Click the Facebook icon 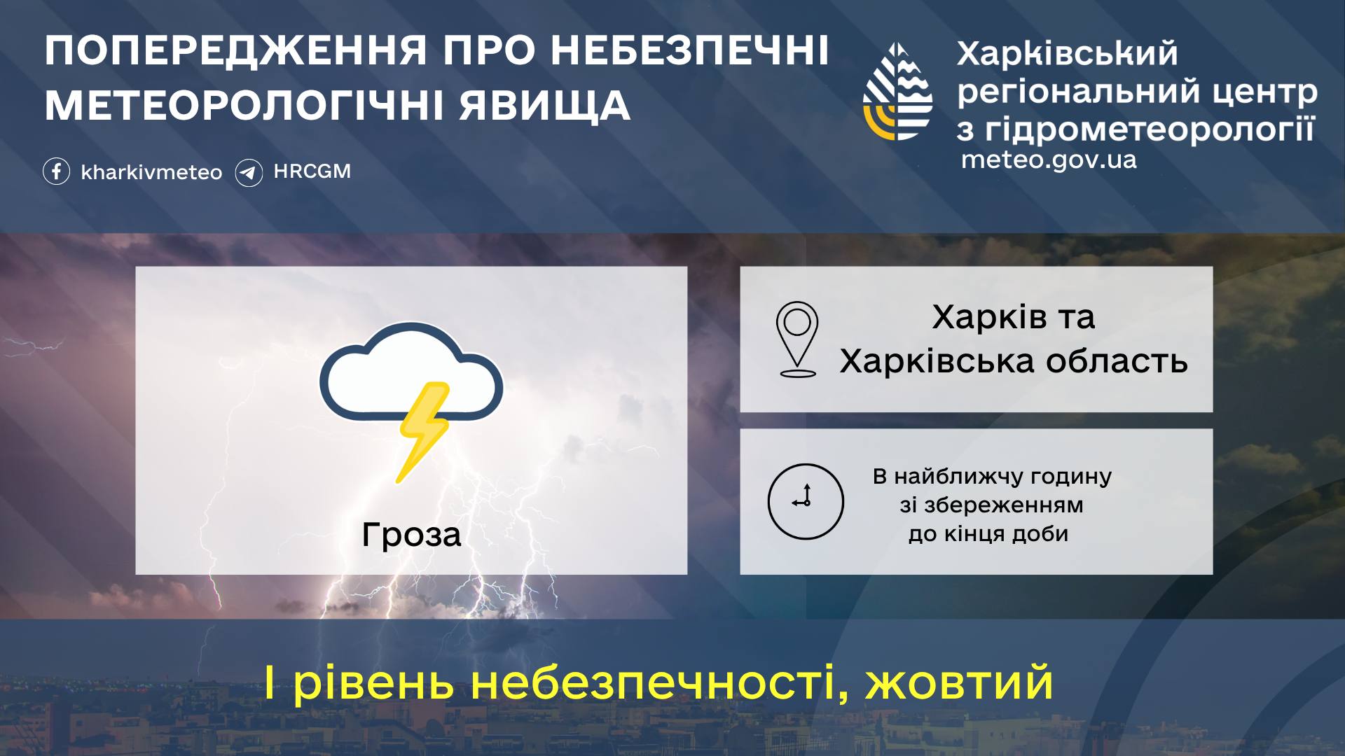[x=56, y=171]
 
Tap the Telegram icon [x=249, y=172]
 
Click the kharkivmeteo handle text [x=151, y=172]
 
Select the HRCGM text [x=312, y=171]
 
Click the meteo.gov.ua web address [x=1049, y=160]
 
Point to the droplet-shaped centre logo [x=897, y=92]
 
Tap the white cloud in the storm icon [x=411, y=371]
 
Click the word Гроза [x=411, y=535]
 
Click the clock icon [x=806, y=501]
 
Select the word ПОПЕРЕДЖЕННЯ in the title [x=236, y=50]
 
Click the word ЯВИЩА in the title [x=545, y=106]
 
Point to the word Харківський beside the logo [x=1068, y=54]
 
